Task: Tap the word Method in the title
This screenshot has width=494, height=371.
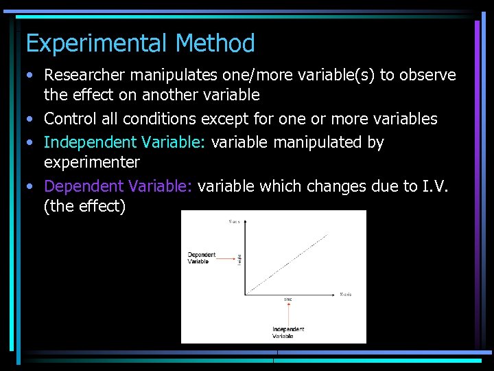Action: pyautogui.click(x=215, y=43)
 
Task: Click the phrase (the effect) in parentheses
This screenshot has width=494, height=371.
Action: pyautogui.click(x=84, y=206)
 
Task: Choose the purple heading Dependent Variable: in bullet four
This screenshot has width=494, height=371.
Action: pyautogui.click(x=120, y=186)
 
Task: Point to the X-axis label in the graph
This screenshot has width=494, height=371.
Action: pyautogui.click(x=345, y=294)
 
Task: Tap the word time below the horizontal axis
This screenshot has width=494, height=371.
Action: pyautogui.click(x=288, y=300)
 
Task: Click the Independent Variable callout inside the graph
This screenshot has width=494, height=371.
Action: pyautogui.click(x=287, y=333)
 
